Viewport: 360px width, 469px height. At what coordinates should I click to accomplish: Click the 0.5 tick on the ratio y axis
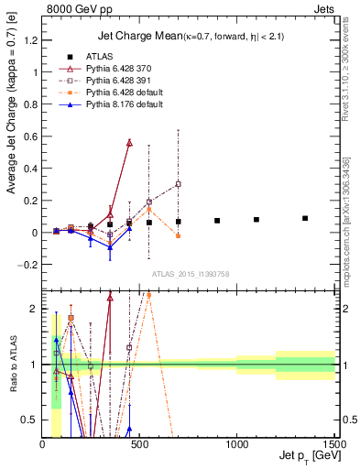click(32, 420)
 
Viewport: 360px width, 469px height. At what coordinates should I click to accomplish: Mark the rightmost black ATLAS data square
click(305, 218)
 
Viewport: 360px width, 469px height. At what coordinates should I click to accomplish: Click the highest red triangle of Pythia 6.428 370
click(129, 143)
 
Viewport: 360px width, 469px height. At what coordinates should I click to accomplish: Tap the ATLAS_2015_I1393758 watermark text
click(190, 273)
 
